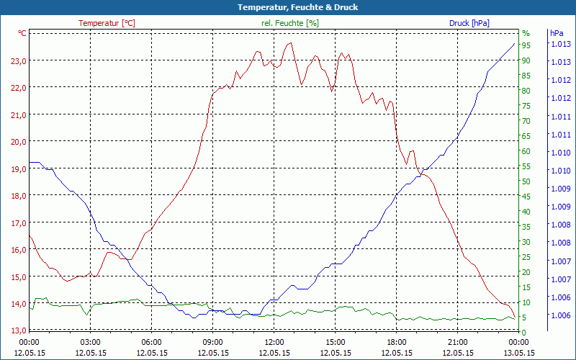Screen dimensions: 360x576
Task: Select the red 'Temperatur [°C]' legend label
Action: (107, 23)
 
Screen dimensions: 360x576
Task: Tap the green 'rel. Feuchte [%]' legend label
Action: (289, 23)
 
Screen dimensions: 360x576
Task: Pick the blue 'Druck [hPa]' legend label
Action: (469, 23)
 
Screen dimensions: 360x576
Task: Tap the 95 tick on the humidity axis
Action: (526, 45)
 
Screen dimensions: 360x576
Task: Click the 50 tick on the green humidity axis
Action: (526, 181)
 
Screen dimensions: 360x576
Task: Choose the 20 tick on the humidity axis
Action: (526, 272)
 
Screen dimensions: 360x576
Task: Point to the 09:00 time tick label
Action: (213, 342)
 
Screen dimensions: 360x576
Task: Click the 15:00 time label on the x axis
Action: (336, 342)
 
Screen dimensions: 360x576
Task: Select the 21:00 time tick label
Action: (458, 342)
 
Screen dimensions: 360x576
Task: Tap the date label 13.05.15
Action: (519, 353)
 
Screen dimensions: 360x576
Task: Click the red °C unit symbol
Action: (22, 33)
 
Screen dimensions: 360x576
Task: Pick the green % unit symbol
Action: (526, 33)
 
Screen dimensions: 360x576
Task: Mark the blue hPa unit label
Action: (557, 33)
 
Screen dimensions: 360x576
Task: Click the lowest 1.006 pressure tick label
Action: (561, 315)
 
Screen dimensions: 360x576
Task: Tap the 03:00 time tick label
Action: (91, 342)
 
